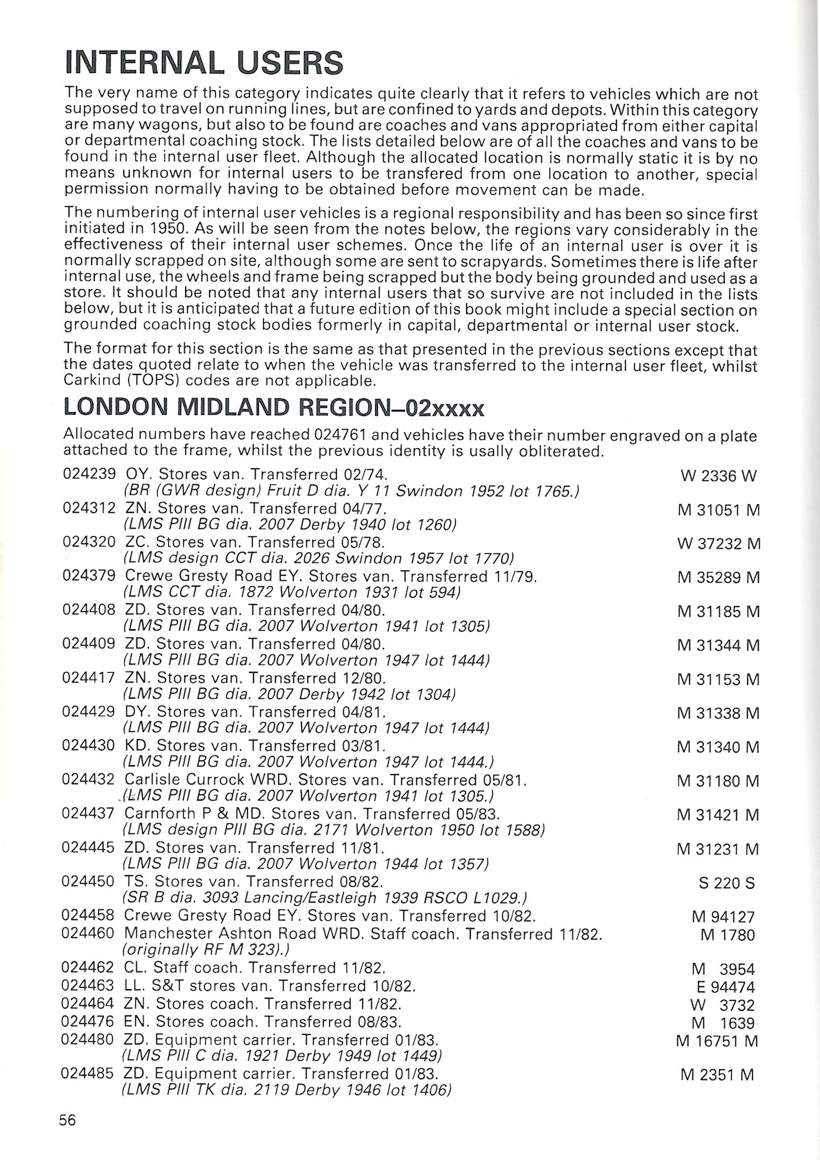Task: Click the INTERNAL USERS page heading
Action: [203, 63]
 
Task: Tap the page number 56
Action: [68, 1120]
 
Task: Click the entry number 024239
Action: [89, 474]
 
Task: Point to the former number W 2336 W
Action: [718, 476]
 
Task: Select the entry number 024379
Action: [89, 576]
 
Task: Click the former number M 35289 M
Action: [718, 578]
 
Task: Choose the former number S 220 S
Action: [726, 883]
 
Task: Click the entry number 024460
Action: [89, 933]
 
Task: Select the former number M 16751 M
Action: [718, 1041]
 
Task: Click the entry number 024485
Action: [89, 1073]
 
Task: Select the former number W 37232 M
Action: [718, 544]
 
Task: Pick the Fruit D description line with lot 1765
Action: [351, 491]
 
